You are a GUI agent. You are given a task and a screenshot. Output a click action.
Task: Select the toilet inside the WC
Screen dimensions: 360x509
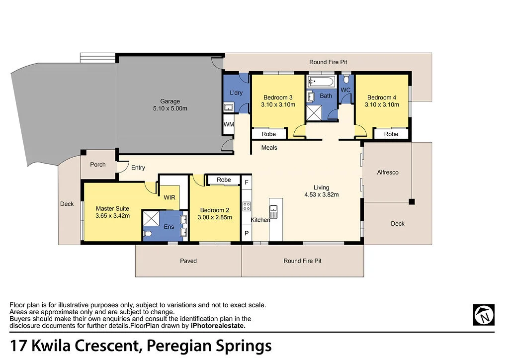click(346, 80)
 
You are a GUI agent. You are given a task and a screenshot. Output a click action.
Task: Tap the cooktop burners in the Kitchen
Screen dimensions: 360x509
click(246, 206)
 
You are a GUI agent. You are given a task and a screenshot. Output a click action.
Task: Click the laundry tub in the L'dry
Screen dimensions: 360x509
click(229, 107)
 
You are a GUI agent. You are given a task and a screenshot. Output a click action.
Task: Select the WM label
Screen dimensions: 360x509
click(228, 124)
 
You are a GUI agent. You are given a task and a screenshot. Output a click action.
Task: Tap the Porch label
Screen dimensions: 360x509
click(97, 164)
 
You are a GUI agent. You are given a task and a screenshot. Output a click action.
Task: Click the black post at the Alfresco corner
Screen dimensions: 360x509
click(412, 201)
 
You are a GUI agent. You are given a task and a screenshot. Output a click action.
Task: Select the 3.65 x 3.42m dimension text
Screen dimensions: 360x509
click(113, 216)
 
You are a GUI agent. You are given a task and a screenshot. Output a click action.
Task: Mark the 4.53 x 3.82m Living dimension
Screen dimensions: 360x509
click(321, 194)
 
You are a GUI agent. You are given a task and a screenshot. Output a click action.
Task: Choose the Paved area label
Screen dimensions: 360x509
click(188, 261)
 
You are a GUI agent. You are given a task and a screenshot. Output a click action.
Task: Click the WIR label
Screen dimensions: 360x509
click(170, 197)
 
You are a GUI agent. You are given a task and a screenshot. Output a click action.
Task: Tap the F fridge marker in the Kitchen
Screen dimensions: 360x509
click(247, 182)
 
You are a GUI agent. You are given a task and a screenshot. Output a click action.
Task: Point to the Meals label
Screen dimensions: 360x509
click(269, 148)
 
